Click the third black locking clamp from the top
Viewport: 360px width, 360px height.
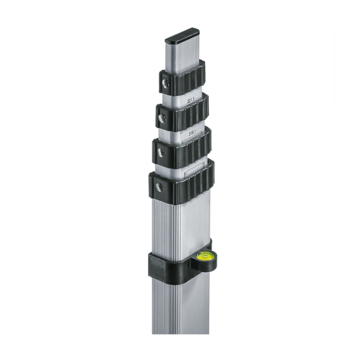tap(183, 146)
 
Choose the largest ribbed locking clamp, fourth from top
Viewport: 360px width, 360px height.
tap(183, 183)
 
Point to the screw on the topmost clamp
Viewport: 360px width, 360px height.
tap(164, 83)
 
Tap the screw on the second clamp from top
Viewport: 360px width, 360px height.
tap(161, 118)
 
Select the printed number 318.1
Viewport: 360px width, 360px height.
tap(191, 134)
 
